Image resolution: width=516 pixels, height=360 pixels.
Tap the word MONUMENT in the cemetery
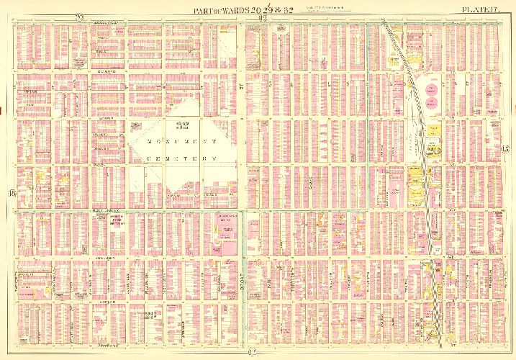tap(173, 141)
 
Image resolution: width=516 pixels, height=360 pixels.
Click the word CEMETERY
tap(173, 158)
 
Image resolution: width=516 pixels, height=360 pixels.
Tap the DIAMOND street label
tap(106, 72)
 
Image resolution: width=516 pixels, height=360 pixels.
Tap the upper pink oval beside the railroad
tap(434, 90)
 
